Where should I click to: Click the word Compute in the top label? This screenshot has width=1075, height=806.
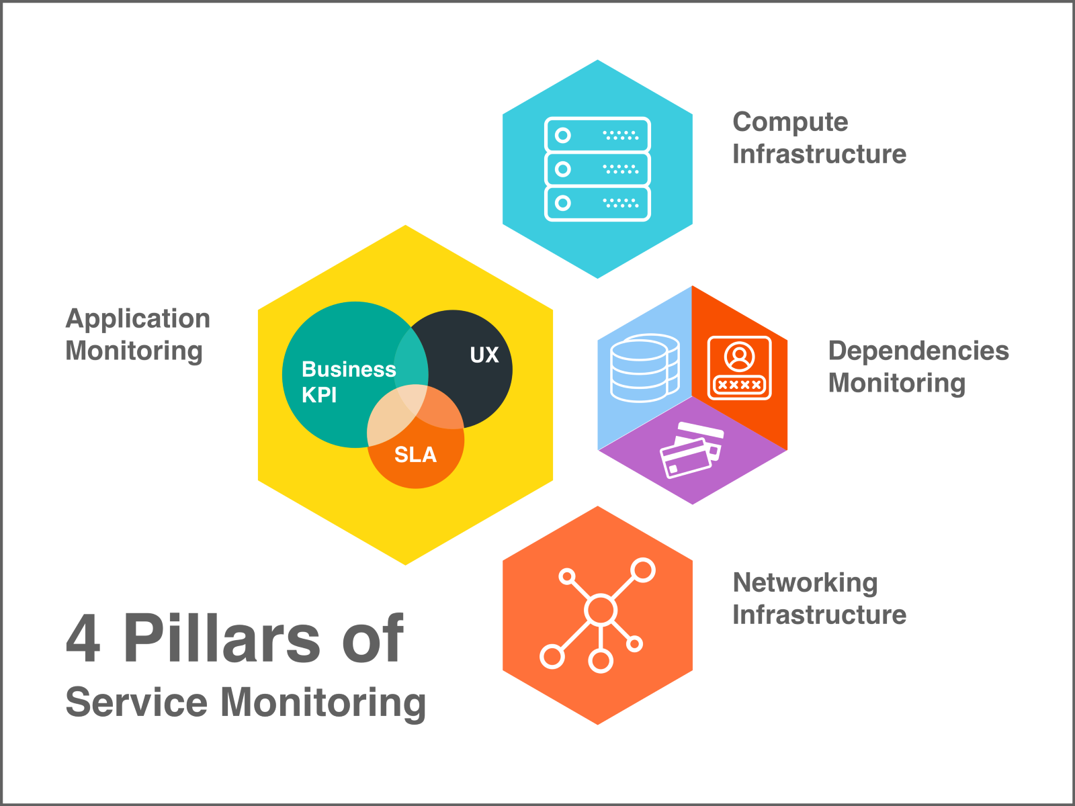pos(790,122)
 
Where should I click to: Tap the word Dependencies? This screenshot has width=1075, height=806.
pos(918,351)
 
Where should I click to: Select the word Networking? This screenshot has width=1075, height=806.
pos(805,582)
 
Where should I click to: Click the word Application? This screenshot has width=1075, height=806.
pos(138,319)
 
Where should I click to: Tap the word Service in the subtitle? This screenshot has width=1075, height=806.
pos(136,703)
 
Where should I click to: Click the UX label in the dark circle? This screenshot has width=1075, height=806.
pos(484,355)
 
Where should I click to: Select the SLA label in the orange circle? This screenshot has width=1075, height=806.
pos(415,455)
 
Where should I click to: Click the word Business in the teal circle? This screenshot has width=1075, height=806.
pos(349,369)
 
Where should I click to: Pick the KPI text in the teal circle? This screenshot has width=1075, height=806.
pos(319,395)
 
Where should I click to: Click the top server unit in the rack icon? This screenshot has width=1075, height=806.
pos(597,135)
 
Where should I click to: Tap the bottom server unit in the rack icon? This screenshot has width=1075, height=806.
pos(597,203)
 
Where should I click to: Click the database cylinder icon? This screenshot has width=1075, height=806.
pos(644,368)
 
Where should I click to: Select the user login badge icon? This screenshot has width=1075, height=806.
pos(739,368)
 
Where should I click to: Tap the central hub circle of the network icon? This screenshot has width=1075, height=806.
pos(600,610)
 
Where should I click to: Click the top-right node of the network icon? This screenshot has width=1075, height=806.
pos(643,570)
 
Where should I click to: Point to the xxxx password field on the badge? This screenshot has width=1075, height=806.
pos(739,385)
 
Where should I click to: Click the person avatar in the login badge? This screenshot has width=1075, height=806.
pos(739,357)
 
